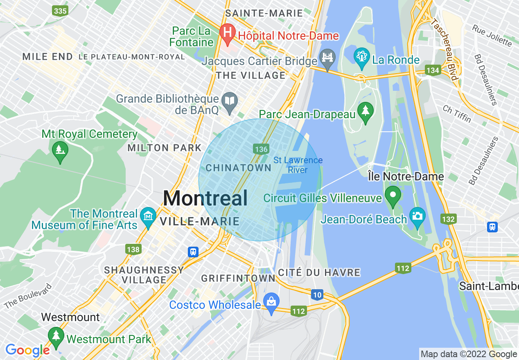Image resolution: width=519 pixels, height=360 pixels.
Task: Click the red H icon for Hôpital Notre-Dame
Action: [226, 31]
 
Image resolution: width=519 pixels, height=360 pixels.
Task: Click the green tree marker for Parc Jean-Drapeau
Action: [364, 110]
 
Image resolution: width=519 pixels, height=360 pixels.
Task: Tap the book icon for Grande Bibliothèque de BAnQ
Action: [230, 100]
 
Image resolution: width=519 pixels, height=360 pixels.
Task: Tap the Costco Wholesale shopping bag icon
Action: [271, 302]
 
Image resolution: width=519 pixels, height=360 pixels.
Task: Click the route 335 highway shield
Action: [60, 11]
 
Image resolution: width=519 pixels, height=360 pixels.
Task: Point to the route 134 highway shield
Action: [433, 70]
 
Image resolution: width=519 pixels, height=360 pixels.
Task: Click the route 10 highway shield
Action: [317, 294]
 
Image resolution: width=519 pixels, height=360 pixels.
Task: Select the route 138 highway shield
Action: [133, 249]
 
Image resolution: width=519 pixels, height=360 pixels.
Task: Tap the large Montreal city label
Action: [205, 198]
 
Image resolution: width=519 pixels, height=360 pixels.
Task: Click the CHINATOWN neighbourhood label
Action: [238, 168]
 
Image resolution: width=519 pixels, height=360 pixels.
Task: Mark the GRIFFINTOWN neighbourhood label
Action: [238, 278]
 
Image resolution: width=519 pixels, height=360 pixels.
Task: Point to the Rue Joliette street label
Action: [492, 35]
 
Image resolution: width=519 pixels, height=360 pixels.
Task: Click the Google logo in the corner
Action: [27, 350]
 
